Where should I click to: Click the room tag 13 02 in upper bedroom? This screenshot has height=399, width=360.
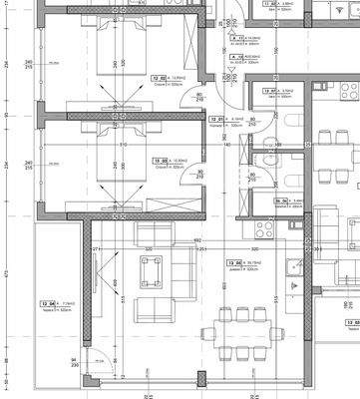(158, 77)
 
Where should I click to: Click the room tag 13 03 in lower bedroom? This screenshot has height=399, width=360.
(158, 159)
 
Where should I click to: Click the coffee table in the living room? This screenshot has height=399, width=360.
(153, 269)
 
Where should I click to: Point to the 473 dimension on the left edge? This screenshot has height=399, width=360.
(6, 269)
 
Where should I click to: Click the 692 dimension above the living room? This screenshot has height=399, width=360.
(197, 240)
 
